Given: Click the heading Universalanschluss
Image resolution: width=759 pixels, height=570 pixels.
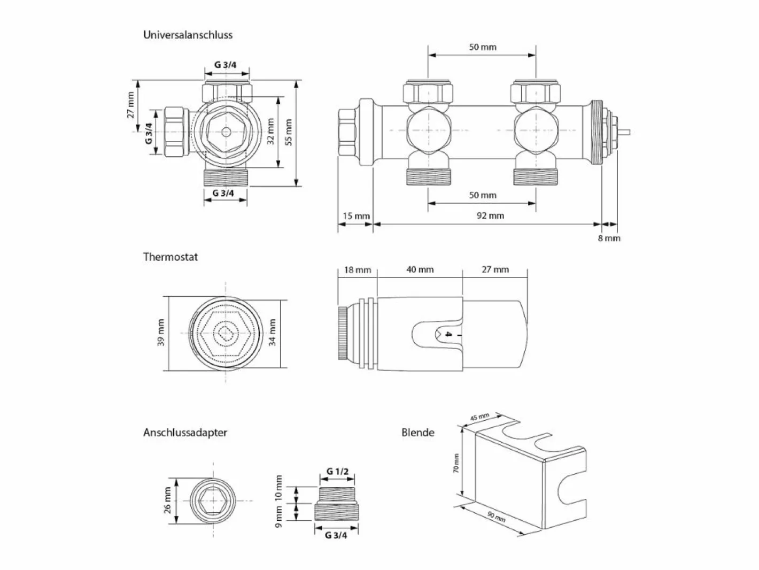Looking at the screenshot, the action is tap(188, 35).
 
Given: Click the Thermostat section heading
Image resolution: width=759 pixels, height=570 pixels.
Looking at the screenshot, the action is tap(171, 257).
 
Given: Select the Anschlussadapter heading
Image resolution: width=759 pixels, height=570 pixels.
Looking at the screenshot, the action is tap(185, 433).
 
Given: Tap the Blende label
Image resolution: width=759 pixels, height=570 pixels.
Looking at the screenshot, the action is tap(417, 433).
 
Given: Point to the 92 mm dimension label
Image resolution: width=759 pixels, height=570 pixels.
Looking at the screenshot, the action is tap(490, 215).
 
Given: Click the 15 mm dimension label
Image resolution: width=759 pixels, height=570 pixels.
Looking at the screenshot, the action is tap(356, 216).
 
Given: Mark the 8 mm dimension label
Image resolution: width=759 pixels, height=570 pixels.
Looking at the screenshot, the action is tap(609, 238).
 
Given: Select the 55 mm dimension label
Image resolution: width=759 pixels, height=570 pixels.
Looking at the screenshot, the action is tap(289, 132).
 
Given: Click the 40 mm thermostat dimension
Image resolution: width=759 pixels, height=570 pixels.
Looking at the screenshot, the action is tap(420, 269).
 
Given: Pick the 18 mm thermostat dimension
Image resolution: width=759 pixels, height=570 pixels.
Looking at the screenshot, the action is tap(358, 270).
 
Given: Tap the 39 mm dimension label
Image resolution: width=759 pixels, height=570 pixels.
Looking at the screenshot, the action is tap(161, 333).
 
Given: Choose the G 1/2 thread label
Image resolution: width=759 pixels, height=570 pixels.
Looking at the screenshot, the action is tap(337, 472).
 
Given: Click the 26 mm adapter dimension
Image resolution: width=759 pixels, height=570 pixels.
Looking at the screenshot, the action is tap(167, 500).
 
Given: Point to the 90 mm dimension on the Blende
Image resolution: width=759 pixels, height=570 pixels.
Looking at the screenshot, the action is tap(496, 517).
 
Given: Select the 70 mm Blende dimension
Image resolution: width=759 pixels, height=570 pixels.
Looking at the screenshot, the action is tap(456, 463).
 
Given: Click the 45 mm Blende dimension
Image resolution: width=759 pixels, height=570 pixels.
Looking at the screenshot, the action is tap(479, 417).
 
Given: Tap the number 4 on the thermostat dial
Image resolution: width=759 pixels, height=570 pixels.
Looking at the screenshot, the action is tap(448, 334).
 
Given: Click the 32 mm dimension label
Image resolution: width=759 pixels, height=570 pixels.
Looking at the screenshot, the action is tap(270, 132).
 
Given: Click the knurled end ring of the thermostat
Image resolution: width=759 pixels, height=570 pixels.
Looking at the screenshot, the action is tap(343, 333).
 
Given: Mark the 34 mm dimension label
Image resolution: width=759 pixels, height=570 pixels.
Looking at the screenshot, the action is tap(273, 333).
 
